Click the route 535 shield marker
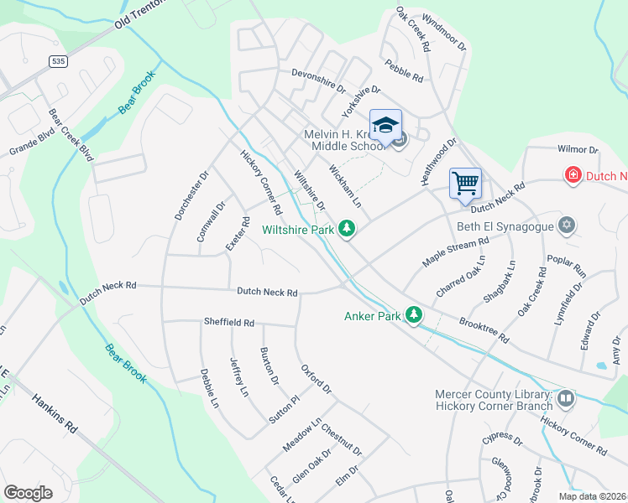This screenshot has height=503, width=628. pyautogui.click(x=58, y=61)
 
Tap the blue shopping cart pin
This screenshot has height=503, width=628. pyautogui.click(x=465, y=183)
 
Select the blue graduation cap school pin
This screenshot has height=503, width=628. pyautogui.click(x=385, y=126)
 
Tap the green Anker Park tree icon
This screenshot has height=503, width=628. pyautogui.click(x=413, y=315)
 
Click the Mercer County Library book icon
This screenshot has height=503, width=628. pyautogui.click(x=566, y=399)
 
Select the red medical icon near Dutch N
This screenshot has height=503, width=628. pyautogui.click(x=573, y=175)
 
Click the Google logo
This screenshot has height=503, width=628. pyautogui.click(x=29, y=492)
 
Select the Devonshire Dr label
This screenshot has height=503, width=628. pyautogui.click(x=318, y=79)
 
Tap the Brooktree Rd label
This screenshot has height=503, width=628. pyautogui.click(x=484, y=329)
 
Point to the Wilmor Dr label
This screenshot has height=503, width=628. pyautogui.click(x=577, y=149)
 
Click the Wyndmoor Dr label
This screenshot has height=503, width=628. pyautogui.click(x=442, y=32)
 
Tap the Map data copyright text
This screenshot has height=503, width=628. pyautogui.click(x=594, y=496)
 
